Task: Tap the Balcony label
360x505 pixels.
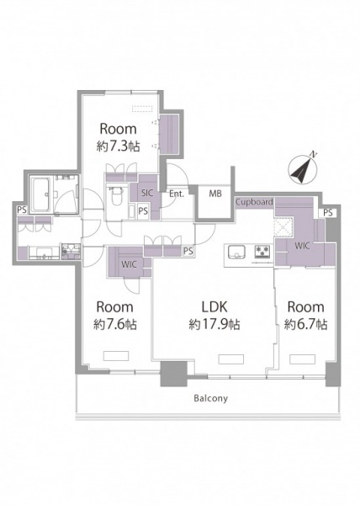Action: (211, 398)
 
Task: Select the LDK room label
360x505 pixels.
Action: (214, 307)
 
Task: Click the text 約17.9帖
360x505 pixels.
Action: (214, 324)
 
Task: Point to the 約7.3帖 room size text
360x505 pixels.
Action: (118, 146)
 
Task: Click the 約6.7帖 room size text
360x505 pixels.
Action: (305, 324)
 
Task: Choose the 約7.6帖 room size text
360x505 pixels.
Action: (115, 324)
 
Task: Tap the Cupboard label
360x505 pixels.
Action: (254, 202)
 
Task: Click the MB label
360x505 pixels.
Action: (215, 194)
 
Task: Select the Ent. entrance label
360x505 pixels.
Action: (177, 194)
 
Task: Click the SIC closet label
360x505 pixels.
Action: (147, 193)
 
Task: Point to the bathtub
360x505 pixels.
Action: (40, 194)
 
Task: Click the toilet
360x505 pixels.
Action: (116, 196)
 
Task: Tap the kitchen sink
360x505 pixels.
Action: (236, 252)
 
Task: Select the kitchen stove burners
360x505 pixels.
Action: (263, 252)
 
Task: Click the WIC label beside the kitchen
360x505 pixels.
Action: (303, 246)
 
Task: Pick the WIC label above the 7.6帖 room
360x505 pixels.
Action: (129, 264)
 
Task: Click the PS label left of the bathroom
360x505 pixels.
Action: (22, 210)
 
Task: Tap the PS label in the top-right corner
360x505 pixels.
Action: (328, 213)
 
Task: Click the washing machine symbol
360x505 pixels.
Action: (71, 251)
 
